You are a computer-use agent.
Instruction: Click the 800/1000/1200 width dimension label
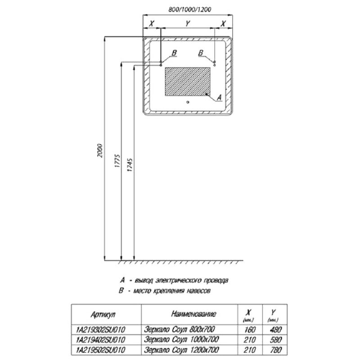pyautogui.click(x=190, y=9)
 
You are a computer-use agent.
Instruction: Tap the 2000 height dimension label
pyautogui.click(x=99, y=151)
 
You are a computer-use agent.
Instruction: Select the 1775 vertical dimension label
pyautogui.click(x=117, y=161)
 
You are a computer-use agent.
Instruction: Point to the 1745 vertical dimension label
pyautogui.click(x=130, y=165)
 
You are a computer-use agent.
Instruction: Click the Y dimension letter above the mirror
pyautogui.click(x=188, y=23)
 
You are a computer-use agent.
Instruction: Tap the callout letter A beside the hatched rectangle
pyautogui.click(x=220, y=97)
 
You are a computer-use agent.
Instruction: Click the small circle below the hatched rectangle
pyautogui.click(x=188, y=102)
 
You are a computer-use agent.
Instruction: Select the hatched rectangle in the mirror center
pyautogui.click(x=188, y=81)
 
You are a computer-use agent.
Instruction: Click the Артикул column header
pyautogui.click(x=103, y=314)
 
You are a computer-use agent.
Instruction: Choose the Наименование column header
pyautogui.click(x=193, y=314)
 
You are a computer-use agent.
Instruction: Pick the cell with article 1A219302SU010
pyautogui.click(x=100, y=330)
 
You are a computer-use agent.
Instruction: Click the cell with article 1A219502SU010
pyautogui.click(x=100, y=350)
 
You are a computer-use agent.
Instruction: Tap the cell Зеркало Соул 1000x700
pyautogui.click(x=181, y=340)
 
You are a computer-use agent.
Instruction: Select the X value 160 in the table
pyautogui.click(x=250, y=330)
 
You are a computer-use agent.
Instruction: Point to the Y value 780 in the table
pyautogui.click(x=275, y=350)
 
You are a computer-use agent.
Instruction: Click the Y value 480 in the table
pyautogui.click(x=275, y=330)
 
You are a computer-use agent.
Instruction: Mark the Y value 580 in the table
pyautogui.click(x=275, y=340)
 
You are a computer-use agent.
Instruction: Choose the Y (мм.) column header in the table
pyautogui.click(x=273, y=315)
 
